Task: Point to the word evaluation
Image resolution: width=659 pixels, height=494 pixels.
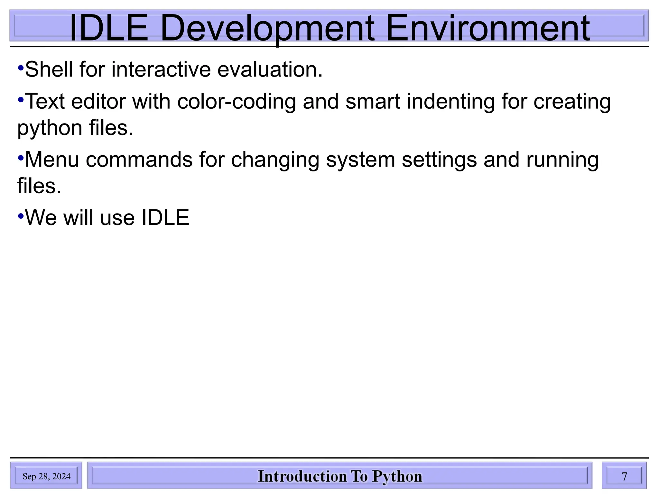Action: tap(270, 69)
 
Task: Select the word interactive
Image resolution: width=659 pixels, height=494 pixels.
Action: tap(161, 69)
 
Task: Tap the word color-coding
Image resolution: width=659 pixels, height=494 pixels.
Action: tap(237, 102)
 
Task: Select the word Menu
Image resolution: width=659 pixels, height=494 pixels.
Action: tap(52, 160)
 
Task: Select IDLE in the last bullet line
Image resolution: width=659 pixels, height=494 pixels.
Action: tap(165, 218)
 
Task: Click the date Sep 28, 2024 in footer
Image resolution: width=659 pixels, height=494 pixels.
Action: tap(46, 476)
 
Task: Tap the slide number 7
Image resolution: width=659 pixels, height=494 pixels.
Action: tap(624, 476)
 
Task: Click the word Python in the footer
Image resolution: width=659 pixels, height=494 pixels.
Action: tap(397, 477)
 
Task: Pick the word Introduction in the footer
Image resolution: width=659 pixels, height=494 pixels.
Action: tap(302, 476)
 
